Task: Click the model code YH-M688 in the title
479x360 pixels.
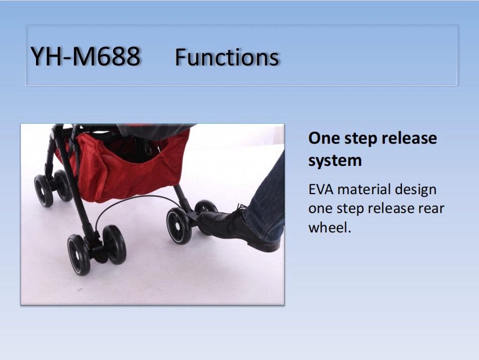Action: coord(85,57)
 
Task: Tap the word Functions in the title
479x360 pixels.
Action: coord(227,57)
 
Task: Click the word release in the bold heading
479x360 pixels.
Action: coord(409,138)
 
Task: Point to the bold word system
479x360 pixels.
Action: coord(335,161)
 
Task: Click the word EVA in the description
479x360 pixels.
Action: coord(321,190)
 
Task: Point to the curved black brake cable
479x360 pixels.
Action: coord(134,197)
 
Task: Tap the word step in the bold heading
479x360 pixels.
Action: coord(360,139)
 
